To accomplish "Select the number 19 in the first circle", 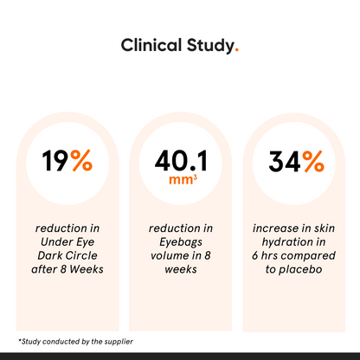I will click(x=56, y=160).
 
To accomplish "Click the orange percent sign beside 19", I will click(x=81, y=160).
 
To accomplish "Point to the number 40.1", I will click(x=179, y=160).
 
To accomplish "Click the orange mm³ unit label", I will click(x=179, y=182).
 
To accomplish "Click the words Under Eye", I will click(x=67, y=242).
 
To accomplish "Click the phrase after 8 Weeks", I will click(x=67, y=269).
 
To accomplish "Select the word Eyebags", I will click(x=179, y=242).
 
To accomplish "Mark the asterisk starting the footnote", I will click(x=19, y=340).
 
